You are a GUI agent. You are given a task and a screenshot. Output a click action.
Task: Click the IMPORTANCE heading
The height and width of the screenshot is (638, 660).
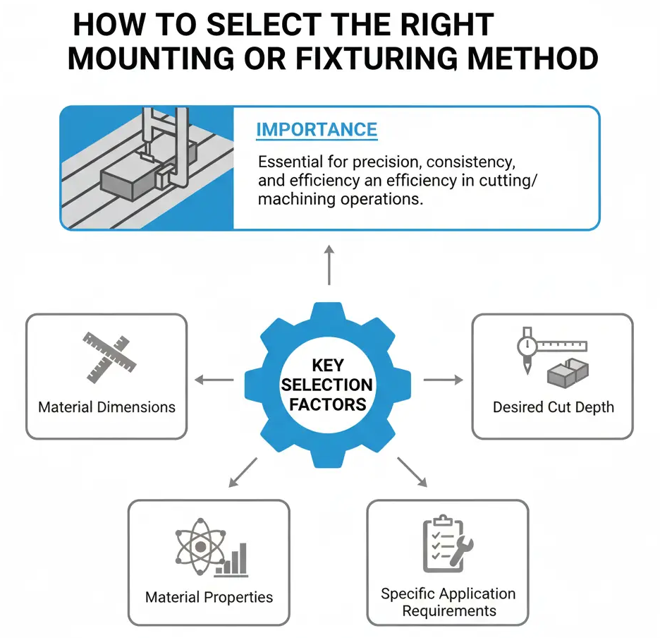pyautogui.click(x=317, y=130)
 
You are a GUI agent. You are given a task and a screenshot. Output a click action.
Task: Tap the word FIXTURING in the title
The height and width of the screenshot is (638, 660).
pyautogui.click(x=378, y=59)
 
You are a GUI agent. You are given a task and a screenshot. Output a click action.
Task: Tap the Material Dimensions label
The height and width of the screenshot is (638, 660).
pyautogui.click(x=106, y=407)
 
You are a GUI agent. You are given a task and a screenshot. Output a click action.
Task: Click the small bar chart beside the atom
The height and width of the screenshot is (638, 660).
pyautogui.click(x=233, y=559)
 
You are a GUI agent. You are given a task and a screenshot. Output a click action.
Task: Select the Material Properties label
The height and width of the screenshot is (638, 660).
pyautogui.click(x=209, y=597)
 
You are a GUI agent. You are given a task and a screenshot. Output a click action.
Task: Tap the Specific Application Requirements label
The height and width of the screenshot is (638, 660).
pyautogui.click(x=448, y=602)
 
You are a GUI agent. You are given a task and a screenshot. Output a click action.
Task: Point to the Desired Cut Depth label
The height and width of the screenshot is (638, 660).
pyautogui.click(x=553, y=407)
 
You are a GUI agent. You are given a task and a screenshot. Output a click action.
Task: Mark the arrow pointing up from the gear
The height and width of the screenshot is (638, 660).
pyautogui.click(x=329, y=264)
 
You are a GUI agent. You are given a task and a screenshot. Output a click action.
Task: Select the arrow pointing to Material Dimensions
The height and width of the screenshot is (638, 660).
pyautogui.click(x=214, y=380)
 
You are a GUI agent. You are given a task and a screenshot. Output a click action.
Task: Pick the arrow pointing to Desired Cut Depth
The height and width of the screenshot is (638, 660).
pyautogui.click(x=444, y=380)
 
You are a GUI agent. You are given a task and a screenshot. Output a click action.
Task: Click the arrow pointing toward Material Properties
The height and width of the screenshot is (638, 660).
pyautogui.click(x=241, y=473)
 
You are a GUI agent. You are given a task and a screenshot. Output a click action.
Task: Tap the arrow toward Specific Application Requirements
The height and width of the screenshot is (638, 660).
pyautogui.click(x=412, y=472)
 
